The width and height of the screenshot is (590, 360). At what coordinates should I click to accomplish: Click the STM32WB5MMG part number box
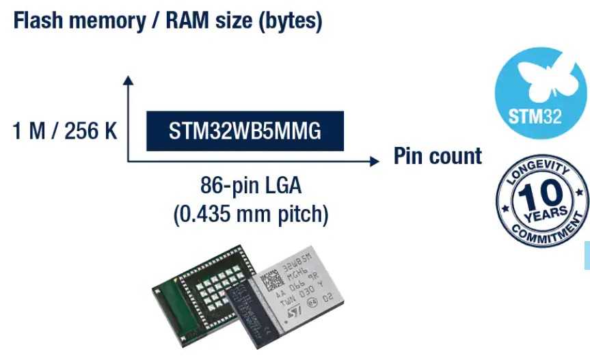(245, 131)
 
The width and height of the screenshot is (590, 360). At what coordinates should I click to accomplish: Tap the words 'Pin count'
(437, 156)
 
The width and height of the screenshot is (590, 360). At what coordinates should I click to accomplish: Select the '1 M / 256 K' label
(65, 131)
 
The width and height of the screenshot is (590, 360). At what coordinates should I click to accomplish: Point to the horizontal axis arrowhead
(373, 161)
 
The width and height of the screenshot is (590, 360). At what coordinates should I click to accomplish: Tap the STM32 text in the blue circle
(535, 115)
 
